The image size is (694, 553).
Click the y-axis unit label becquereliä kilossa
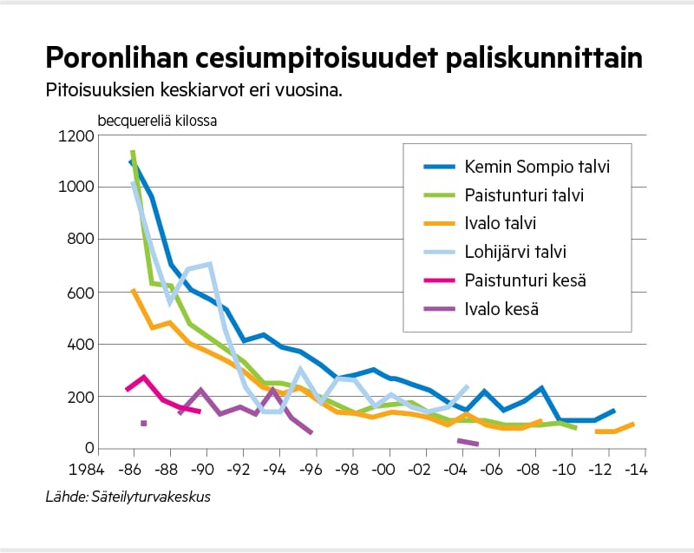157,120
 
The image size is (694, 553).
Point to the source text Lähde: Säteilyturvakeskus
128,497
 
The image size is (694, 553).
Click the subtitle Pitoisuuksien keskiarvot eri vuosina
196,89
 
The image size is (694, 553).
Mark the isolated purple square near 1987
144,424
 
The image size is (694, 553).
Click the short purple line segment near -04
468,443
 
